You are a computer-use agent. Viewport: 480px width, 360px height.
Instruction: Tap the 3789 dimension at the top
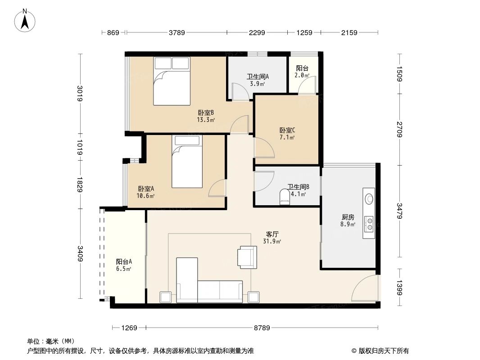coord(177,32)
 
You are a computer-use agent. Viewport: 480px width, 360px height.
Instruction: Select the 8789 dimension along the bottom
coord(262,328)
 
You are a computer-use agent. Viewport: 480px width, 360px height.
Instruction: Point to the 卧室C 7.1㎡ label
coord(287,134)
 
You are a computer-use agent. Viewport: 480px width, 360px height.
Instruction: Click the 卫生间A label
coord(257,80)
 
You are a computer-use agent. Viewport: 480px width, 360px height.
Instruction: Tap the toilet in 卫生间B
coord(285,197)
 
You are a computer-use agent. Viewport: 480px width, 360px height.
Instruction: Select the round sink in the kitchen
coord(369,198)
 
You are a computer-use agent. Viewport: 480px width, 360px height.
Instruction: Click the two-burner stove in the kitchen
coord(369,223)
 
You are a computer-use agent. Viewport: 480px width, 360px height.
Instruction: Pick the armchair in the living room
coord(246,256)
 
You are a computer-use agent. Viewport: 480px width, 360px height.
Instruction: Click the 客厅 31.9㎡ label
coord(272,238)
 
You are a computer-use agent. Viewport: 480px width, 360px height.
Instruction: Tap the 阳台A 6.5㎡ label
coord(123,265)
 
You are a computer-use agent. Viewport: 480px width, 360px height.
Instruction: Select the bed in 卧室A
coord(187,162)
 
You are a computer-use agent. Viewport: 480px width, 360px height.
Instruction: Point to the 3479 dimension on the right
coord(399,211)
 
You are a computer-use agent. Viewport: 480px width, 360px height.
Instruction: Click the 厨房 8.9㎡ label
coord(348,220)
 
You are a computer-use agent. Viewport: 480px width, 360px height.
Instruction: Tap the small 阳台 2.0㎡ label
coord(302,72)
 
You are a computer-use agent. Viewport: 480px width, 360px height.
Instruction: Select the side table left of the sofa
coord(165,297)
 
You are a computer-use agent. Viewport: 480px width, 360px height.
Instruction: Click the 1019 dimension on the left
coord(80,147)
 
